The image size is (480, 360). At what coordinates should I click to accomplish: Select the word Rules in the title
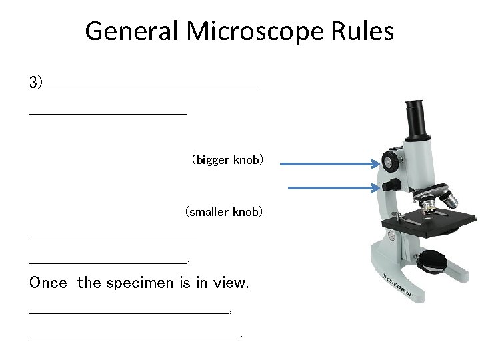365,31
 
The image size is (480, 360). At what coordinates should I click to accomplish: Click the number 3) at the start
35,83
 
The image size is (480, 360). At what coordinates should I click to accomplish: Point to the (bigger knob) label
227,160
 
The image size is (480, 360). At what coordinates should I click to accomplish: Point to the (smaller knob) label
224,212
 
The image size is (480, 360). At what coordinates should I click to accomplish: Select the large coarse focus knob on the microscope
390,161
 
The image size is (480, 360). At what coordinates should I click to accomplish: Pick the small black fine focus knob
395,185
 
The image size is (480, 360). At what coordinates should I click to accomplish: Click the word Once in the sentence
48,283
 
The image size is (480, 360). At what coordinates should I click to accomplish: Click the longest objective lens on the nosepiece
448,199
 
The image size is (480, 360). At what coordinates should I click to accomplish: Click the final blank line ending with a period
133,337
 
